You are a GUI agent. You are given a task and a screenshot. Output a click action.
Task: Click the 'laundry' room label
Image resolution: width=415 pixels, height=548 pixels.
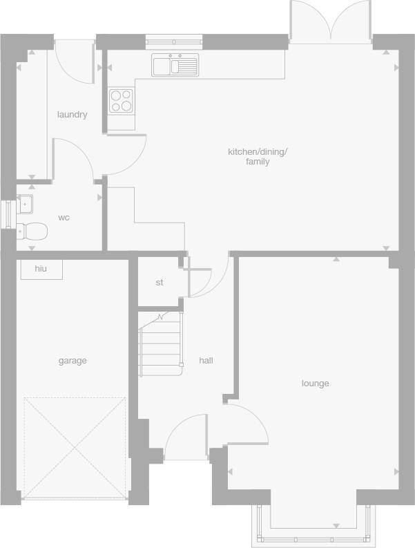(x=72, y=115)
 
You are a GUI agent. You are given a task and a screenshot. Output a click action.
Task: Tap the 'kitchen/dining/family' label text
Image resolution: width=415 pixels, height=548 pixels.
(x=258, y=157)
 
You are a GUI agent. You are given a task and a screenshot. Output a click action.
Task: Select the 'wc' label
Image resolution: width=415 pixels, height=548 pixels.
(x=64, y=218)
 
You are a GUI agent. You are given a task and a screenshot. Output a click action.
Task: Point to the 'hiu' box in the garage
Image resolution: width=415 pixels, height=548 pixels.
(x=41, y=269)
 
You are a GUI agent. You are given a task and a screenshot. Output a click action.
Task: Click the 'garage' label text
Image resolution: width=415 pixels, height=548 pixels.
(x=73, y=361)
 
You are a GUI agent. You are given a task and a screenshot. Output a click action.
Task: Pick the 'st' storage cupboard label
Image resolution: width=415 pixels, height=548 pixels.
(x=160, y=283)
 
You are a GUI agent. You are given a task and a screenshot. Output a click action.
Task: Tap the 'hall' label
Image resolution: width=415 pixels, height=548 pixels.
(x=206, y=361)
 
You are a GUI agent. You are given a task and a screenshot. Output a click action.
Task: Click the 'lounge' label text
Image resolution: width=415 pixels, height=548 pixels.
(x=315, y=384)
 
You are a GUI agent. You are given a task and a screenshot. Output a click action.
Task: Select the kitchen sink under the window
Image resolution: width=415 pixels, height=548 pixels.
(x=175, y=66)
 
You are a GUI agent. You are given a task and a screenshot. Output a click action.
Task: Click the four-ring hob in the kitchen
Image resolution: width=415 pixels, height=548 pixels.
(x=122, y=100)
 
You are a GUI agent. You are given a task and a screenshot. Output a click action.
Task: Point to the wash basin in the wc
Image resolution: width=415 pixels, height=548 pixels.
(x=25, y=205)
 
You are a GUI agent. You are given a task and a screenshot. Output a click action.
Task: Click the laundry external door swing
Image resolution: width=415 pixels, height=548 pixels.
(x=73, y=61)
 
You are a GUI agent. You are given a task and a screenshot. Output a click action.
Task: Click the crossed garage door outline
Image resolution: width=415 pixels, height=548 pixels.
(x=74, y=446)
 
